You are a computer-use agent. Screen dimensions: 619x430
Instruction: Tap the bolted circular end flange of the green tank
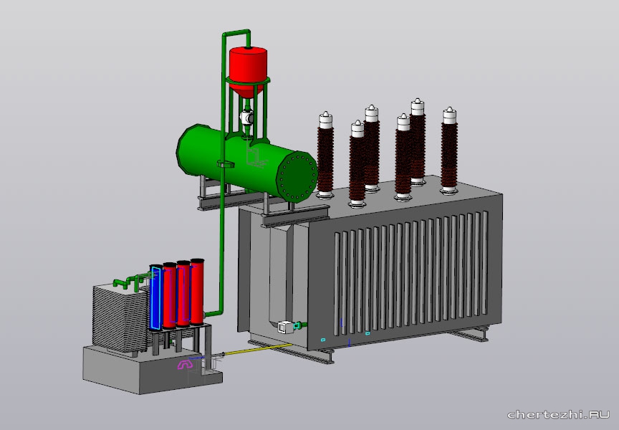coord(297,177)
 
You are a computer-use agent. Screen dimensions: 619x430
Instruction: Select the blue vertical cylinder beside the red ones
coord(155,298)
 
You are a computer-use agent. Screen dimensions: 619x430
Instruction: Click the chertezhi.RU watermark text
coord(558,414)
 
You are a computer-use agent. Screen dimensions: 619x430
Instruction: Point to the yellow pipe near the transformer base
coord(258,349)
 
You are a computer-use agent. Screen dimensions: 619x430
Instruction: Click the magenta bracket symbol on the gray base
coord(185,365)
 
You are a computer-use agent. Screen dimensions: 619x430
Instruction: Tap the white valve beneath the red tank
coord(246,118)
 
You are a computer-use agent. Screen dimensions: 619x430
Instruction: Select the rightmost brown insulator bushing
coord(449,150)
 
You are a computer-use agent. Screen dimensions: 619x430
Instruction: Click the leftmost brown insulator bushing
coord(325,156)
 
